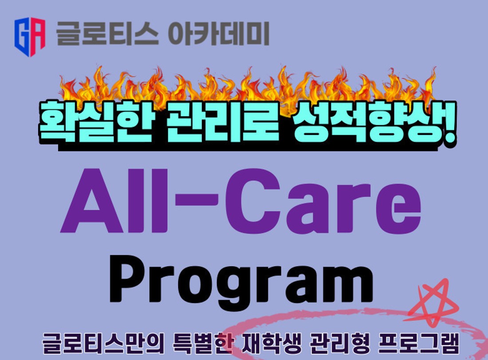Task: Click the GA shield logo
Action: click(30, 37)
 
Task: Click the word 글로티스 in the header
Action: click(107, 34)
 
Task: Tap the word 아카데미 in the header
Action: click(218, 34)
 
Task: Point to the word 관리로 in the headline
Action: click(223, 122)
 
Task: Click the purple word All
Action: click(114, 201)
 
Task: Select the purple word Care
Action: click(323, 201)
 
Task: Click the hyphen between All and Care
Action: click(197, 199)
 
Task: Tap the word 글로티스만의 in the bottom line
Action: click(103, 344)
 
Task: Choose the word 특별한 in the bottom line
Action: click(202, 344)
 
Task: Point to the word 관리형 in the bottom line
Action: click(340, 344)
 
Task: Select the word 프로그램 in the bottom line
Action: click(419, 344)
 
